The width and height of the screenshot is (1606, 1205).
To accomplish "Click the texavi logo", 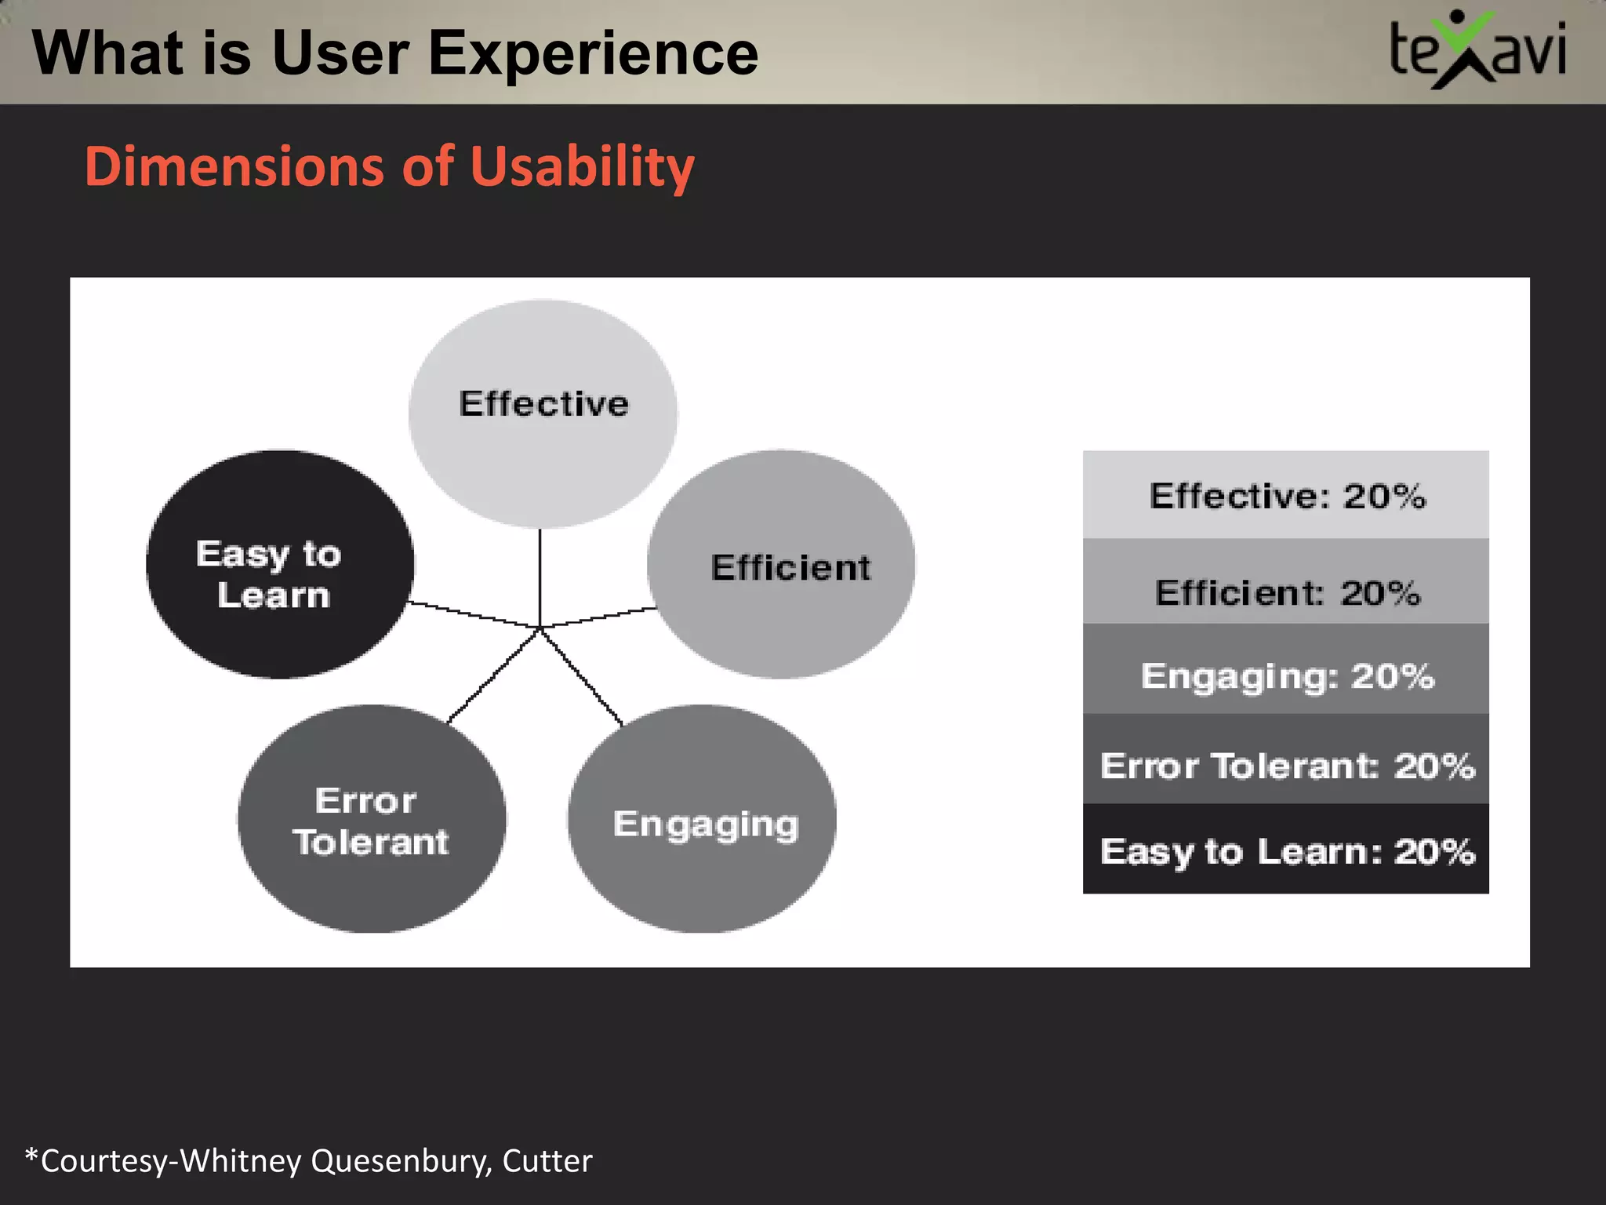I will pyautogui.click(x=1477, y=50).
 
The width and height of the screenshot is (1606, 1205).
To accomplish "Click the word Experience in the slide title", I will pyautogui.click(x=593, y=53).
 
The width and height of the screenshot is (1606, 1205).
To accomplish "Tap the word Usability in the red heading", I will pyautogui.click(x=583, y=167).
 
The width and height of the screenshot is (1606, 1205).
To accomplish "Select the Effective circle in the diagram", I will pyautogui.click(x=543, y=413).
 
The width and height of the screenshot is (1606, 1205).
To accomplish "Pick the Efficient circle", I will pyautogui.click(x=781, y=564).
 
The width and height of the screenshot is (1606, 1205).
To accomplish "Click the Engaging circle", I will pyautogui.click(x=702, y=819).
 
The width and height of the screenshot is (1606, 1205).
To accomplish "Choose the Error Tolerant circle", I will pyautogui.click(x=372, y=819).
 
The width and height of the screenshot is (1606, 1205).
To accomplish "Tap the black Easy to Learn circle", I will pyautogui.click(x=280, y=564).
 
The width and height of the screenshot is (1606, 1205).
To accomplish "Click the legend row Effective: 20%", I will pyautogui.click(x=1285, y=495).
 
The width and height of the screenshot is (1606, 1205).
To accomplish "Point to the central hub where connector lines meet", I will pyautogui.click(x=540, y=628).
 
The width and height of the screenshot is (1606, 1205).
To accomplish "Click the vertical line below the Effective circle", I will pyautogui.click(x=540, y=577).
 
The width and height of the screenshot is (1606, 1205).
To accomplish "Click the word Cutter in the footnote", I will pyautogui.click(x=547, y=1161).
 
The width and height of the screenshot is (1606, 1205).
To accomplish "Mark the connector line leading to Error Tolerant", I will pyautogui.click(x=494, y=675).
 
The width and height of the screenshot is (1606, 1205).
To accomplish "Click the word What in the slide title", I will pyautogui.click(x=103, y=53).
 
